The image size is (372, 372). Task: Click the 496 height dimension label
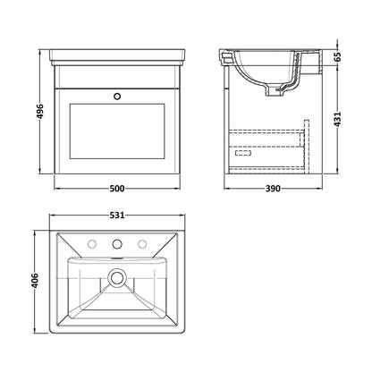(40, 112)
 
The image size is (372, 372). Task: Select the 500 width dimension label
(117, 189)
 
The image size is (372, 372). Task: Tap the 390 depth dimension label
(273, 189)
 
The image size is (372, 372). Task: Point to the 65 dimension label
(337, 56)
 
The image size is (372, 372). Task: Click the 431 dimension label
(337, 120)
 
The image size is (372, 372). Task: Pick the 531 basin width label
(117, 215)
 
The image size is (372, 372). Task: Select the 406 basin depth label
(35, 281)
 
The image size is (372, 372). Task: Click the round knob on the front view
(117, 97)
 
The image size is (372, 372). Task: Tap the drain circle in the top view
(117, 277)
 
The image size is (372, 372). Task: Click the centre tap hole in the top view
(117, 244)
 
